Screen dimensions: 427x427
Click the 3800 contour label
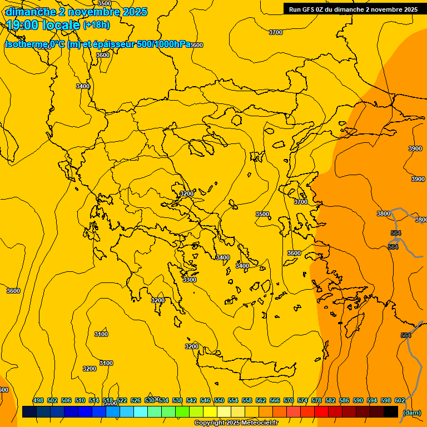tap(384, 213)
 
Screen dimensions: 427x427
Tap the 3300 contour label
tap(190, 280)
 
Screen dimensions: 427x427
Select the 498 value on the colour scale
tap(38, 400)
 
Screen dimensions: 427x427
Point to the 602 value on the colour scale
tap(400, 400)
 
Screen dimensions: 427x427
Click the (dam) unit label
tap(411, 413)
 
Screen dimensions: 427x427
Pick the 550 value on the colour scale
tap(219, 400)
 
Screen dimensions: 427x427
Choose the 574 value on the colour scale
tap(302, 400)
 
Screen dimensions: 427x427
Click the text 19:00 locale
tap(43, 24)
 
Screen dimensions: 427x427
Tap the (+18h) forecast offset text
tap(97, 25)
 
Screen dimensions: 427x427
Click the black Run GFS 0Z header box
tap(353, 9)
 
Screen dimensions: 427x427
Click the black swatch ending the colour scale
tap(391, 412)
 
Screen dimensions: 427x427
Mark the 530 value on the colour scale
tap(150, 400)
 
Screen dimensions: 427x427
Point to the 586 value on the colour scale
tap(344, 400)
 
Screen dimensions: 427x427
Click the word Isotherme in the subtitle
tap(26, 44)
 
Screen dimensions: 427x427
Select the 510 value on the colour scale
tap(80, 400)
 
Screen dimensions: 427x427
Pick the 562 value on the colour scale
tap(261, 400)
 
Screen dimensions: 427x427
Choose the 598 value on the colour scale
tap(386, 400)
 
